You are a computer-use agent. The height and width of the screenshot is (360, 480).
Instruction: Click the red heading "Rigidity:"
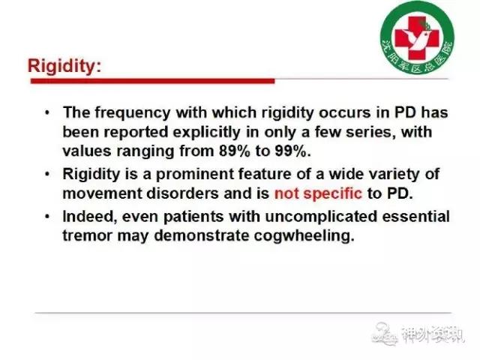pos(64,66)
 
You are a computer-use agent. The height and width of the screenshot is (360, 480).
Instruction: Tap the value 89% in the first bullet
pos(235,151)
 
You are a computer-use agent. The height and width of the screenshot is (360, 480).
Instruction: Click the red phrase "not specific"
pos(318,193)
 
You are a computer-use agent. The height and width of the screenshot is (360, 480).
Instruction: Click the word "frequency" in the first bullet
pos(133,112)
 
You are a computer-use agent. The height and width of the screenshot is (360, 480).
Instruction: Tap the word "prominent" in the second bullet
pos(195,175)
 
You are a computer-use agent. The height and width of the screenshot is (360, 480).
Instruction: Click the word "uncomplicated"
pos(322,217)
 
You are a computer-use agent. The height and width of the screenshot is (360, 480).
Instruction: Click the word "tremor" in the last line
pos(88,235)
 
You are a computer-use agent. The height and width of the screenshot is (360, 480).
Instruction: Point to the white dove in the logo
pos(417,38)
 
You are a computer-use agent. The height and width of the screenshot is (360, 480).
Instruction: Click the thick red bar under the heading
pos(153,81)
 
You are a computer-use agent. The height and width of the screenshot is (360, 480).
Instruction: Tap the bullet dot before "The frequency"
pos(47,112)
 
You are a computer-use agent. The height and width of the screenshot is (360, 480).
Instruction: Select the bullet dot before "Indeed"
pos(47,217)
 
